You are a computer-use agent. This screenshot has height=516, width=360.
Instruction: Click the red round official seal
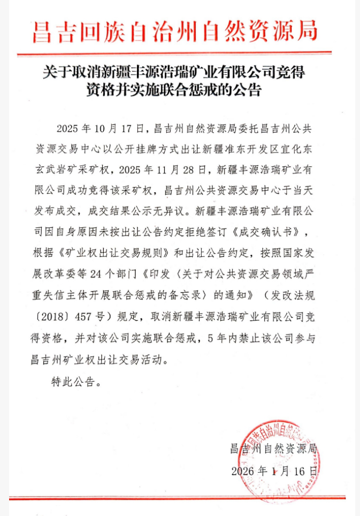pyautogui.click(x=278, y=452)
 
